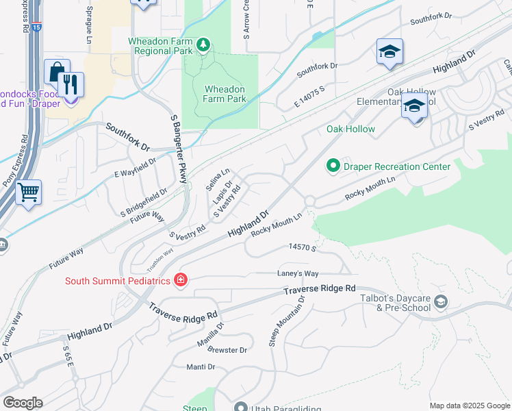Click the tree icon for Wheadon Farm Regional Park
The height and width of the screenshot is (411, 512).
point(203,45)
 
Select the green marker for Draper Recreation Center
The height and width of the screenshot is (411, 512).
point(333,166)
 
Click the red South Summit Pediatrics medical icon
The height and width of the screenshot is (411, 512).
point(180,279)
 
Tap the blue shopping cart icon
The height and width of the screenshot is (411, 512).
point(28,192)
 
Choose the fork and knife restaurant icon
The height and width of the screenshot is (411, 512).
point(71,84)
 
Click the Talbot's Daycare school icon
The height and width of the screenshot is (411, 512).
point(441,301)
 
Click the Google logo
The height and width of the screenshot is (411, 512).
point(23,403)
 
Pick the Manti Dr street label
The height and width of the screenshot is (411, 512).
point(201,367)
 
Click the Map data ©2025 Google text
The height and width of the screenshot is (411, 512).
point(469,406)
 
